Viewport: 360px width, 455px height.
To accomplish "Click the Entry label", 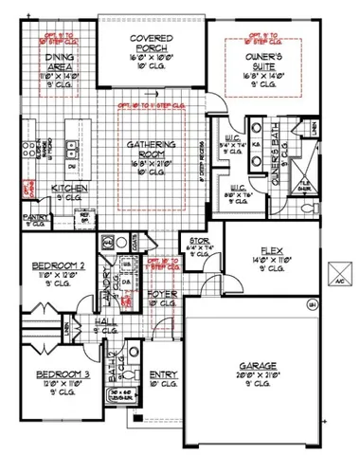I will [x=164, y=376].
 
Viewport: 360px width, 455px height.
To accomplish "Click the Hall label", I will [x=103, y=322].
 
